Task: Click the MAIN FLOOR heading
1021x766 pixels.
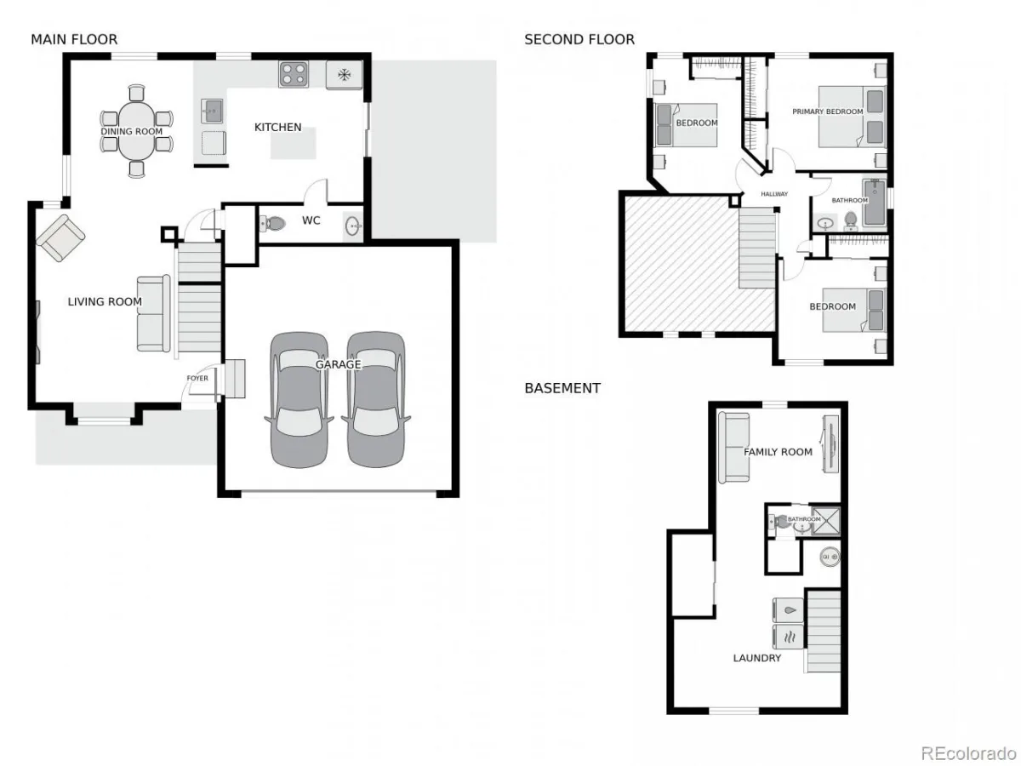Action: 74,39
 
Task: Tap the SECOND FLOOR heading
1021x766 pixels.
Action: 579,39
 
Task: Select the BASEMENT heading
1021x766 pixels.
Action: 562,388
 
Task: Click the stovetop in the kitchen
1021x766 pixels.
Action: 294,74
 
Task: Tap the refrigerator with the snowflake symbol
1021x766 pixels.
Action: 344,74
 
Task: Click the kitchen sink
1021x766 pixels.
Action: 212,111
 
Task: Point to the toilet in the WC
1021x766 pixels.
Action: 272,223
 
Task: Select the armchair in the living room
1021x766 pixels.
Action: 61,237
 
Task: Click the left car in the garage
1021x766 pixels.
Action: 299,399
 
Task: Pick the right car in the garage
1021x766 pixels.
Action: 376,399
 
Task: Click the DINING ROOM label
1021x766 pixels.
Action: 132,132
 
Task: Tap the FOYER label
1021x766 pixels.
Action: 197,378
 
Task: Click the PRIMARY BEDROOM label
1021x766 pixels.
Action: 828,111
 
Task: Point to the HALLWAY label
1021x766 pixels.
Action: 774,194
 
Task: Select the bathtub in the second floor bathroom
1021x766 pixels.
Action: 874,203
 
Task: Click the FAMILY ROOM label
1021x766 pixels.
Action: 778,452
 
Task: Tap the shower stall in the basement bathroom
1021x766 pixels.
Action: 825,520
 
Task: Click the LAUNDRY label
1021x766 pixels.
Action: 756,658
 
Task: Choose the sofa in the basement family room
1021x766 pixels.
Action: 733,448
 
